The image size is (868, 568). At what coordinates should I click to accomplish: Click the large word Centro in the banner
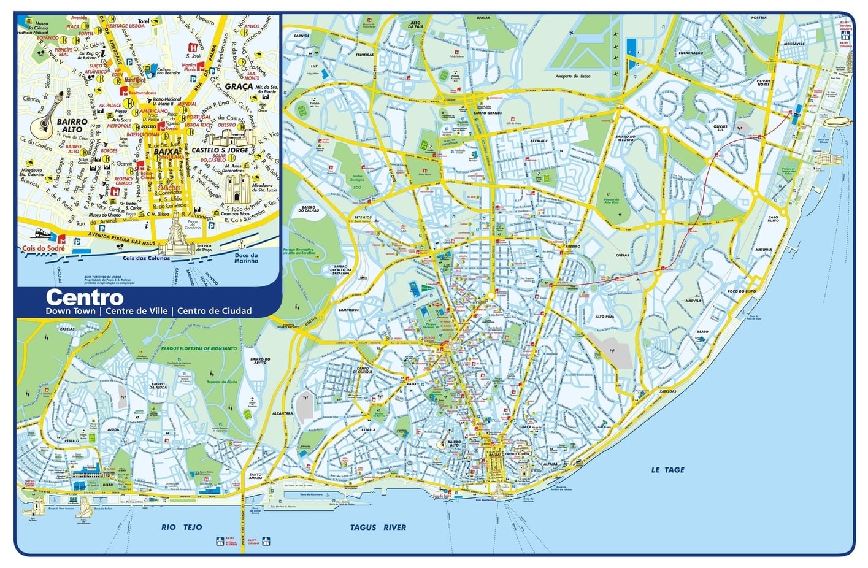pos(85,297)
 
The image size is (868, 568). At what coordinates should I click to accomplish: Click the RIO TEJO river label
pos(181,527)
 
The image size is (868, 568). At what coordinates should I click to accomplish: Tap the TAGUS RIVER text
pos(378,527)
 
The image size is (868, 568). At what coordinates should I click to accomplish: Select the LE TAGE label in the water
pos(667,470)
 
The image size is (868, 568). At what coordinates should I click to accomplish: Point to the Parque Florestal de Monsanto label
pos(199,348)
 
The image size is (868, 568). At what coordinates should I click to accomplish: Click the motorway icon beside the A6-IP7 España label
pos(266,542)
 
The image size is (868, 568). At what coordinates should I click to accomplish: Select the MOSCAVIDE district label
pos(794,44)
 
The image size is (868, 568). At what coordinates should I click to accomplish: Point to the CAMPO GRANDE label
pos(488,113)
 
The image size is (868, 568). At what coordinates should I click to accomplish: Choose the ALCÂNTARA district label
pos(283,413)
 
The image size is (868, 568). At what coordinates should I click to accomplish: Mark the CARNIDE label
pos(301,36)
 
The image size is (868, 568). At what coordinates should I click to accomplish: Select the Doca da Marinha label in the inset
pos(246,258)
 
